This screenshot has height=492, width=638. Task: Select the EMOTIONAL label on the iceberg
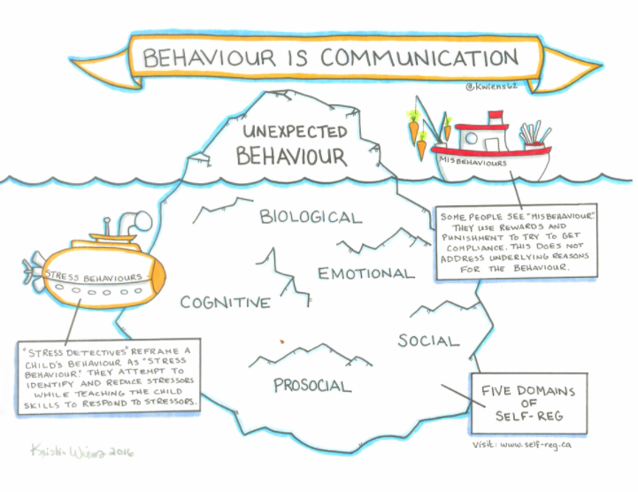(x=366, y=273)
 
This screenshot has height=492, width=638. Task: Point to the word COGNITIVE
(x=225, y=304)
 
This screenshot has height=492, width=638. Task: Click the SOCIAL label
(x=428, y=341)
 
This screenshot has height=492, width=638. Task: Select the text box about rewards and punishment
(x=502, y=242)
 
